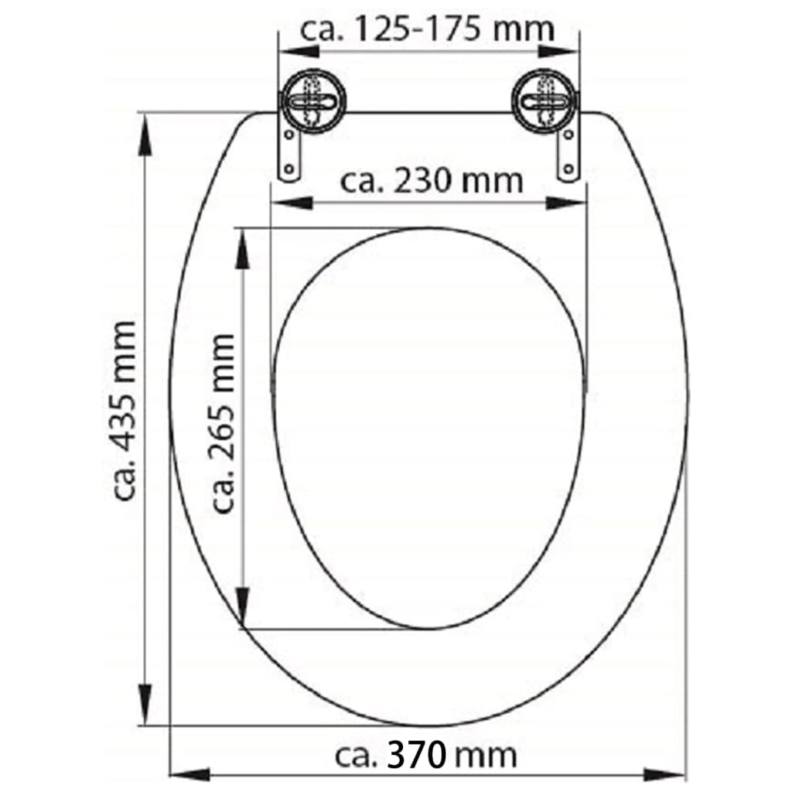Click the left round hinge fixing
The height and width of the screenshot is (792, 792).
pyautogui.click(x=310, y=101)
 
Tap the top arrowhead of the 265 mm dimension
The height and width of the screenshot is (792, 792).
pyautogui.click(x=242, y=249)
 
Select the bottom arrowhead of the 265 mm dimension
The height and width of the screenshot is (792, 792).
pyautogui.click(x=242, y=607)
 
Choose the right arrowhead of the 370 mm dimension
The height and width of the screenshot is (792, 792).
pyautogui.click(x=666, y=773)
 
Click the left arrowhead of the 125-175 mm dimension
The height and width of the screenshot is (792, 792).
pyautogui.click(x=299, y=51)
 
